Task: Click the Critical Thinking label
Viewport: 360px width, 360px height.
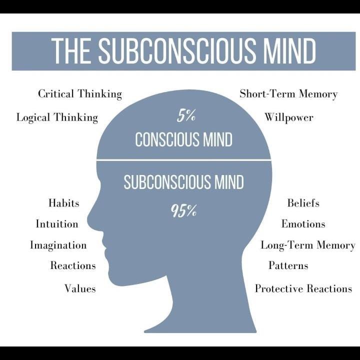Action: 80,93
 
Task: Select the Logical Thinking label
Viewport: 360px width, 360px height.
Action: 57,117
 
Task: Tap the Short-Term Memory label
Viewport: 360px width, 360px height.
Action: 288,93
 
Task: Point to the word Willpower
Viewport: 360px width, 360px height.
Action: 289,117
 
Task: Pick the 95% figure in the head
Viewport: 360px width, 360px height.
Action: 183,211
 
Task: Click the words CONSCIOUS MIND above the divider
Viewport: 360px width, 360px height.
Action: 183,139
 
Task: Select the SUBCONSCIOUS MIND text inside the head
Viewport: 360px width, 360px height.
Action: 183,182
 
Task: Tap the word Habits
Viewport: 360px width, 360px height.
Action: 63,203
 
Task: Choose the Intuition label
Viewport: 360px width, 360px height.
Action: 57,224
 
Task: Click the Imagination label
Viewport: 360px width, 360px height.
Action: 58,245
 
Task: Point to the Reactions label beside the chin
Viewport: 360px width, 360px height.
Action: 73,265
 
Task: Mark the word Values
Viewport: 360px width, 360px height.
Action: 80,288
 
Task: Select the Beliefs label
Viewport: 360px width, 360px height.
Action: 303,203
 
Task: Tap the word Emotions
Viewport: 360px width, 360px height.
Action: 303,224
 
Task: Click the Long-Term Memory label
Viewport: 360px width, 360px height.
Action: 307,245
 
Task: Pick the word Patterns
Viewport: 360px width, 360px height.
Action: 288,265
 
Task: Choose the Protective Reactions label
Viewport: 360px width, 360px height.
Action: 303,288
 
